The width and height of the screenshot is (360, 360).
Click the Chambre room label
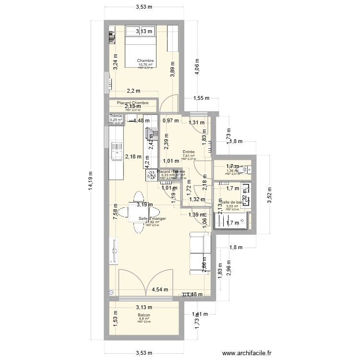(145, 61)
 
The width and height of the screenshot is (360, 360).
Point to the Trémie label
(116, 116)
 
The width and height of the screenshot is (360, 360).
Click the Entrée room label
(188, 152)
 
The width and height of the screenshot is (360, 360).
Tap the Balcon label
(144, 315)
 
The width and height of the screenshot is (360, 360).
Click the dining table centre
(137, 212)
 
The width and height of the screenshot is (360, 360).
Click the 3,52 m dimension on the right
(270, 195)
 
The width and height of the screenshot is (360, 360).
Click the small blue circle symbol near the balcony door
(111, 291)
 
